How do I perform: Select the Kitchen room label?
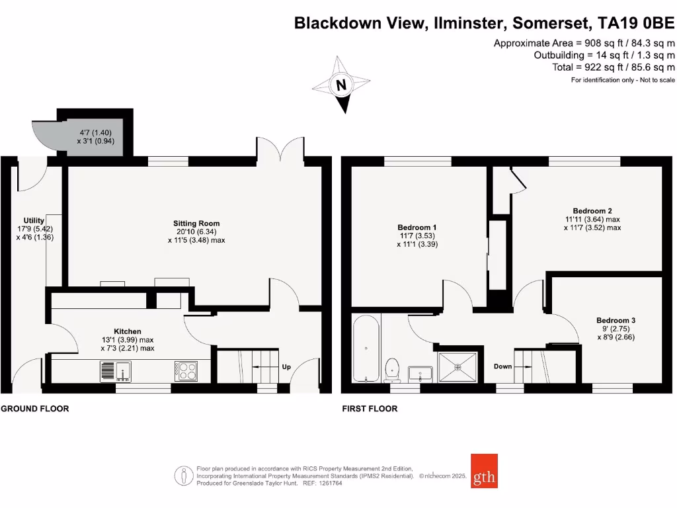coord(128,331)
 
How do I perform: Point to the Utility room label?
coord(34,220)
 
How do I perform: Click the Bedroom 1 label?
coord(417,228)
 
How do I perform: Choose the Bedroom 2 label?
coord(584,211)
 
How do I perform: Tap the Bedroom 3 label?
coord(616,320)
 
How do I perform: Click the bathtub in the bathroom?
coord(366,349)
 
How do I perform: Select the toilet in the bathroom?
coord(393,368)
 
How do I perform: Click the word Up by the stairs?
coord(286,366)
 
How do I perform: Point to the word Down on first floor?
coord(502,366)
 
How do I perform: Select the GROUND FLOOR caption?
coord(34,409)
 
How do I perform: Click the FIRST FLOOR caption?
coord(370,409)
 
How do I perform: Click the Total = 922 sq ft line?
coord(614,67)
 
